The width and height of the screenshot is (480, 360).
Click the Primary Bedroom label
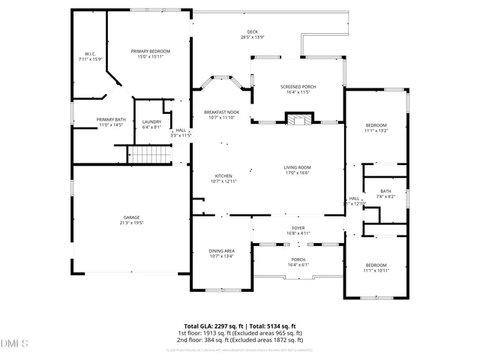tap(151, 53)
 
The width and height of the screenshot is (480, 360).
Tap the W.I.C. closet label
tap(90, 56)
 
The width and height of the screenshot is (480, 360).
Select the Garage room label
tap(131, 220)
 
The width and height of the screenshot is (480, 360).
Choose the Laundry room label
tap(152, 124)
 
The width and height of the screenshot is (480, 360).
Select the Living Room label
tap(297, 169)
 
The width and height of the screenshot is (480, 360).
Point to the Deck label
tap(252, 34)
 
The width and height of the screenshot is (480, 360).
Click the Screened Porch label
tap(298, 89)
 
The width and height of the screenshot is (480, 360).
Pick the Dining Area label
tap(221, 253)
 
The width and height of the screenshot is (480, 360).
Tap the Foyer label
tap(298, 230)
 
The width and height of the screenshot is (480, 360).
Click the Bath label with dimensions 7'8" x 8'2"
tap(385, 193)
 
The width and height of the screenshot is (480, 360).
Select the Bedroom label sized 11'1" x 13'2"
tap(376, 127)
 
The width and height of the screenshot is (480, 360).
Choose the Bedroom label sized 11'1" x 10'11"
tap(376, 268)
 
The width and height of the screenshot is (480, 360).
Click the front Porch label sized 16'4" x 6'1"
tap(298, 262)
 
